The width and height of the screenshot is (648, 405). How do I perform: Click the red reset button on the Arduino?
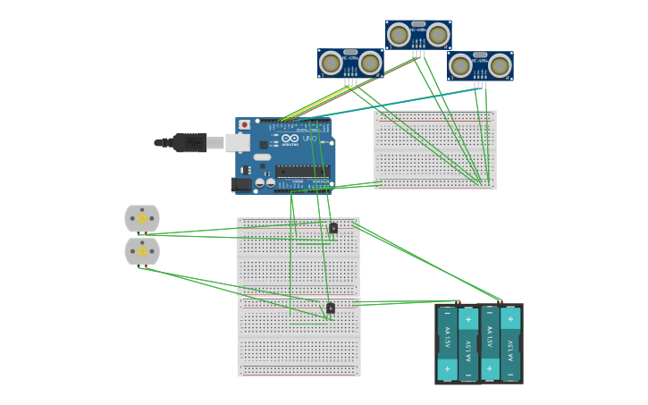(x=244, y=125)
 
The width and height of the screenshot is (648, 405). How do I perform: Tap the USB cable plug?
(x=189, y=143)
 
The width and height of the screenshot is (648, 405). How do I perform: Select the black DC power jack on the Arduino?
(x=240, y=184)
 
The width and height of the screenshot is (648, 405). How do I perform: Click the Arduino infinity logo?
(x=290, y=139)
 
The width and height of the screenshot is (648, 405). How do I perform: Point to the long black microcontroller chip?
(x=302, y=171)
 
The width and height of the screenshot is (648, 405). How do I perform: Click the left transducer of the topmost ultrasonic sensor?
(x=399, y=36)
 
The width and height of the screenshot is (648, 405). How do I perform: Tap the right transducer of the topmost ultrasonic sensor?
(x=438, y=36)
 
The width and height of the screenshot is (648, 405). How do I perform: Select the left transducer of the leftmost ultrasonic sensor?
(x=331, y=63)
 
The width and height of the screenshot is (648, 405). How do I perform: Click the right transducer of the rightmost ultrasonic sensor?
(x=500, y=65)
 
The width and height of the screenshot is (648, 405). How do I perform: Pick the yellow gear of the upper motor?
(x=142, y=218)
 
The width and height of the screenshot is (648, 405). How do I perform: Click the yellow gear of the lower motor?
(x=142, y=251)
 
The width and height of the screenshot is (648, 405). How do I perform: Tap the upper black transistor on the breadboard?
(x=333, y=228)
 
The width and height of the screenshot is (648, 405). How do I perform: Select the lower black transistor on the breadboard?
(x=331, y=308)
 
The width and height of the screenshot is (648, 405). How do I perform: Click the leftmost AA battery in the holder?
(x=447, y=344)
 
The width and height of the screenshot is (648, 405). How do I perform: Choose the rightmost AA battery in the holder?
(x=511, y=344)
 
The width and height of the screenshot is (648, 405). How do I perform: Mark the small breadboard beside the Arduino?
(x=435, y=149)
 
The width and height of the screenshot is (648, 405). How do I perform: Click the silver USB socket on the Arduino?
(x=237, y=142)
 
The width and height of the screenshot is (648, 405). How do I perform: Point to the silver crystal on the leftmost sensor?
(x=350, y=52)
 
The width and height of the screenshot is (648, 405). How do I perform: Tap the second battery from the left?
(x=468, y=344)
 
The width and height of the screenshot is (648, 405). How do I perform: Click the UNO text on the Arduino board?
(x=310, y=139)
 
